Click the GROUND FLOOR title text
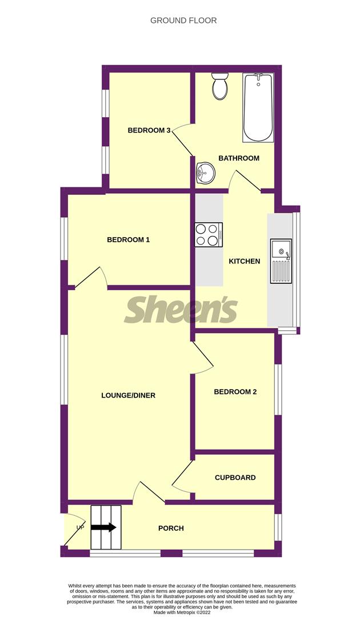(183, 21)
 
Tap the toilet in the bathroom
(219, 86)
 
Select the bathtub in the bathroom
(258, 107)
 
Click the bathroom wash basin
(205, 172)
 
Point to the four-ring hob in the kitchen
(209, 234)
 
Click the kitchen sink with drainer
(281, 261)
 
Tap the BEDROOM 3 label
(149, 130)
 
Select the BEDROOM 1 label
(129, 240)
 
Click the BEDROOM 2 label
(235, 392)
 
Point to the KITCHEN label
(245, 262)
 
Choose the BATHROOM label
(239, 158)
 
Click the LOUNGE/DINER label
(129, 395)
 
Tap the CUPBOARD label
(235, 478)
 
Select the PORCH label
(171, 528)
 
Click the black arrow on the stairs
(103, 528)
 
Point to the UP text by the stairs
(80, 527)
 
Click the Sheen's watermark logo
(181, 310)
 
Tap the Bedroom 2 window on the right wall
(277, 389)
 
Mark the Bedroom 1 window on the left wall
(64, 239)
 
